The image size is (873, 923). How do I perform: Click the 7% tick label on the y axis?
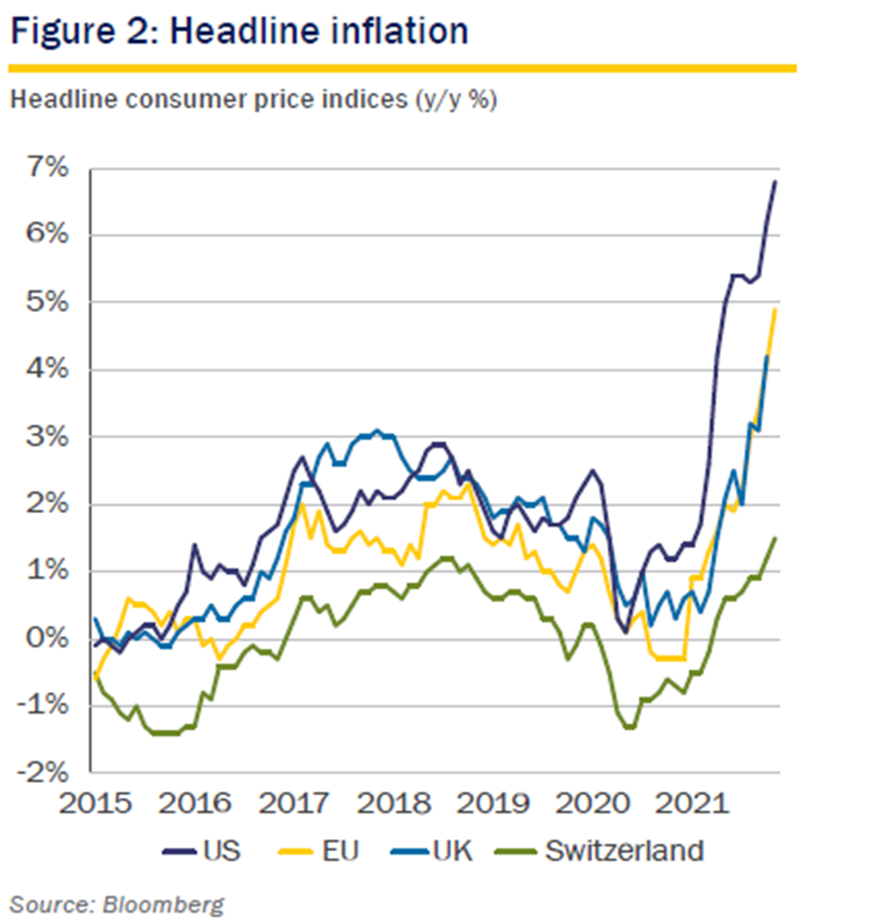pos(47,168)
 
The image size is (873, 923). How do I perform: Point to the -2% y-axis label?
pos(42,773)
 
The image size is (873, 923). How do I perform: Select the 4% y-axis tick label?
pos(47,369)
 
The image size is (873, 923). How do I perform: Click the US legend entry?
pos(221,851)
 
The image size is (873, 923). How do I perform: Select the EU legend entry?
pos(340,851)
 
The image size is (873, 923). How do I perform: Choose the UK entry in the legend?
pos(453,851)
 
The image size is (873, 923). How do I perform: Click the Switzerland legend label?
pos(624,851)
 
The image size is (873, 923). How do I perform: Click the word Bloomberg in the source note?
pos(163,905)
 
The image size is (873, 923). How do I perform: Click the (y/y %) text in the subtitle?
pos(456,100)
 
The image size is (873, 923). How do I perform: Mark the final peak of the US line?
pos(775,182)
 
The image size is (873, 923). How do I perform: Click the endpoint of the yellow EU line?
pos(775,309)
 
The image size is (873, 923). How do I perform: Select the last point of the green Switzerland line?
pos(775,538)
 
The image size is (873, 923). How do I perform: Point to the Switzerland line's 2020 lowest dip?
pos(629,727)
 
